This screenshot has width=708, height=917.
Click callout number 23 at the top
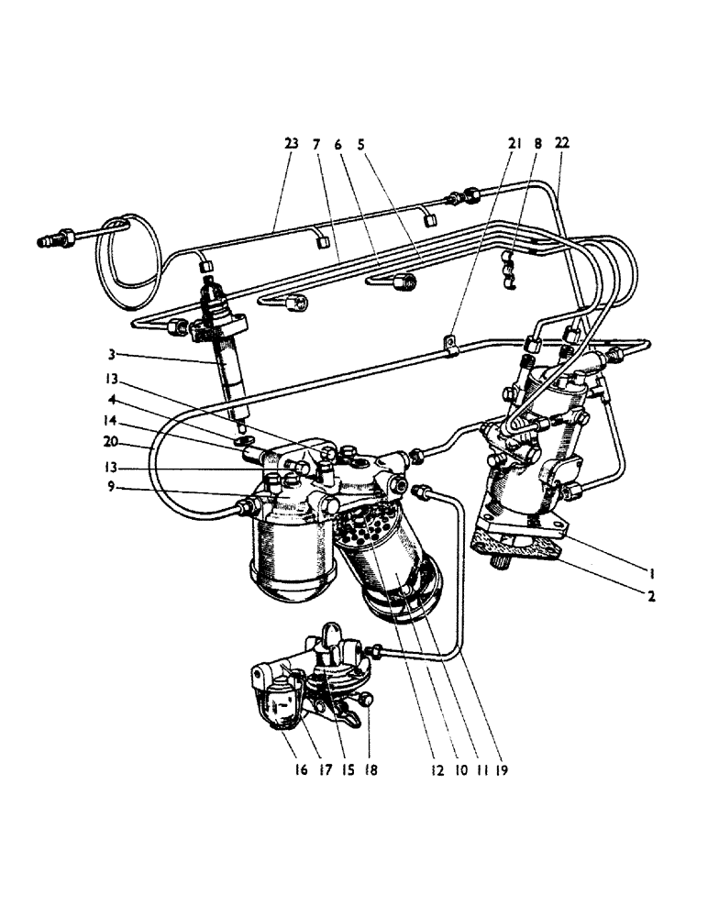click(x=291, y=143)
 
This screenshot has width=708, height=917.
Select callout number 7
click(x=316, y=143)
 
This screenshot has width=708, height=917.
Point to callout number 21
click(x=514, y=143)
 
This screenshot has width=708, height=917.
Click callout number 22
click(x=562, y=143)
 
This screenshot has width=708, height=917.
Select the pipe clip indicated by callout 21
click(x=449, y=347)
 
